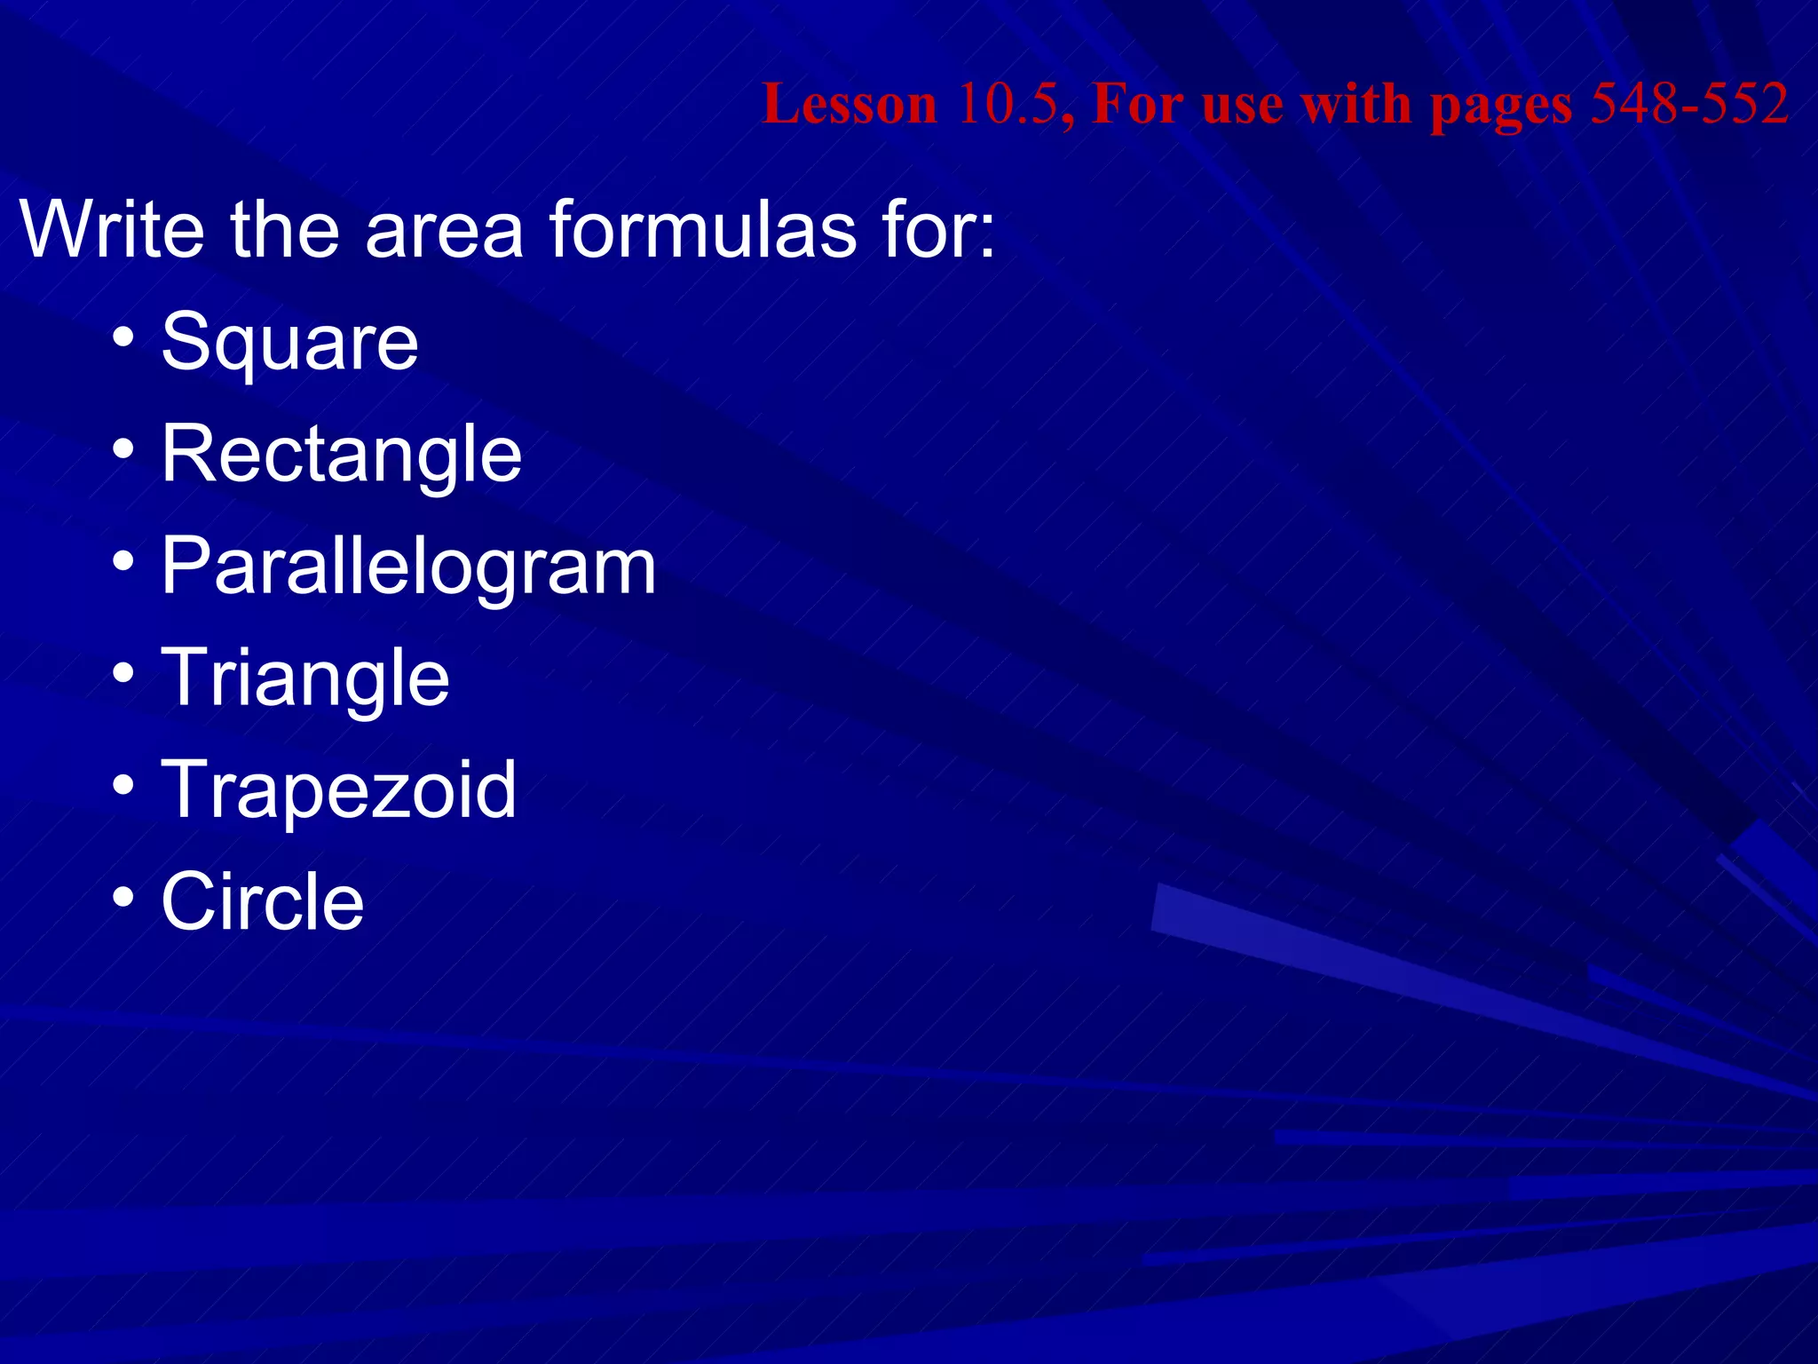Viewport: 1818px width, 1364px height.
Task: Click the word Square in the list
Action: tap(289, 344)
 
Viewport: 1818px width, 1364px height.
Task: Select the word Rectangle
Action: tap(341, 455)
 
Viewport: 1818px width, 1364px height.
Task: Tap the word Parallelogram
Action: tap(408, 567)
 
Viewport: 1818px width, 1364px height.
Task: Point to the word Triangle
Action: tap(305, 678)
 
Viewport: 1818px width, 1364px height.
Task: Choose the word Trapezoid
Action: tap(338, 789)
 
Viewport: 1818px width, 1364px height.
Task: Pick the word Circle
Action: tap(263, 901)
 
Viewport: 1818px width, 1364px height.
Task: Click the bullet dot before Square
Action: tap(123, 337)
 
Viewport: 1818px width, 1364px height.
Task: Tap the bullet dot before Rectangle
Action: tap(123, 449)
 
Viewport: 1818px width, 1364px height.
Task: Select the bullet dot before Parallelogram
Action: tap(123, 561)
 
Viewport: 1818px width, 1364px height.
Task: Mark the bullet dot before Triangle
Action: tap(123, 672)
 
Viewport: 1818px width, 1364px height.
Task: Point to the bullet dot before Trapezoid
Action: tap(123, 784)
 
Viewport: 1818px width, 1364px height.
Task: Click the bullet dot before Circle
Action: tap(123, 896)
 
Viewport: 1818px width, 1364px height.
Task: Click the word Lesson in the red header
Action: tap(850, 105)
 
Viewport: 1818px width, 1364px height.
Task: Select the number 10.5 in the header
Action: tap(1008, 105)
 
